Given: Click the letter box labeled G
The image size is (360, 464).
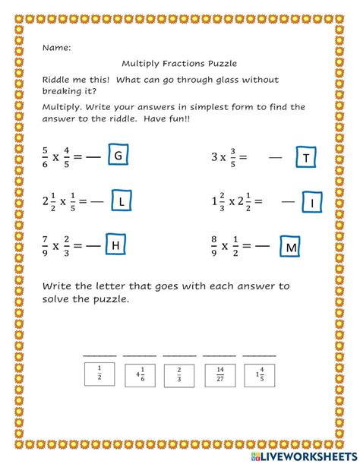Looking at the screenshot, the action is [118, 156].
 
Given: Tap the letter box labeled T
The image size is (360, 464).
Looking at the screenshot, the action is [304, 157].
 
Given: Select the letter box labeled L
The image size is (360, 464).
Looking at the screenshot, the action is [122, 201].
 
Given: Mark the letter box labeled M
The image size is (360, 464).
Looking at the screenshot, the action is [291, 247].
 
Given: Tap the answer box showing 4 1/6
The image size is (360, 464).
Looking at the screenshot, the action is [138, 373].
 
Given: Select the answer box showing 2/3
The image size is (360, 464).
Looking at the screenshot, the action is [178, 373].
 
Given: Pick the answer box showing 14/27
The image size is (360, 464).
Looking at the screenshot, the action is [219, 373].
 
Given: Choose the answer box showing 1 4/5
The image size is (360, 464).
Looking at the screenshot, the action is [259, 373].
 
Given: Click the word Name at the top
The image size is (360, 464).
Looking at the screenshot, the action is [56, 47].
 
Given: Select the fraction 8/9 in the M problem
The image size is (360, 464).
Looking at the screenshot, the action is [216, 245].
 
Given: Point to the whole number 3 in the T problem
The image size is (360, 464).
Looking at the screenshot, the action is [214, 157].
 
